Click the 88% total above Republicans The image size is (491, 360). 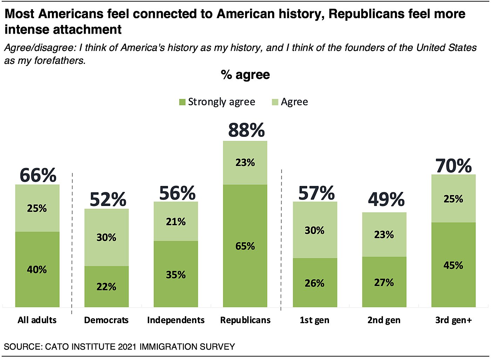click(246, 130)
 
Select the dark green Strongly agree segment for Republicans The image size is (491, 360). click(245, 260)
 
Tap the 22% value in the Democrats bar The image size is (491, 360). click(106, 287)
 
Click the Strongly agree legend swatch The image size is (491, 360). click(182, 102)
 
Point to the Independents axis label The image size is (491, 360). click(176, 320)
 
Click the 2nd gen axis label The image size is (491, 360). click(384, 320)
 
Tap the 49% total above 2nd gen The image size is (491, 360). click(386, 200)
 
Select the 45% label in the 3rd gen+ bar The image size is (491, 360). click(453, 265)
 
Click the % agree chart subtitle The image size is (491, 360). click(245, 75)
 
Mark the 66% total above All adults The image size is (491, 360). click(38, 175)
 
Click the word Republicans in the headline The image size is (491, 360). click(366, 14)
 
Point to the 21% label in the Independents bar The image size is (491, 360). click(176, 222)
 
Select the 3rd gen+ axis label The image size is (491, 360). click(453, 320)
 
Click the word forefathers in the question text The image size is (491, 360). click(59, 60)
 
